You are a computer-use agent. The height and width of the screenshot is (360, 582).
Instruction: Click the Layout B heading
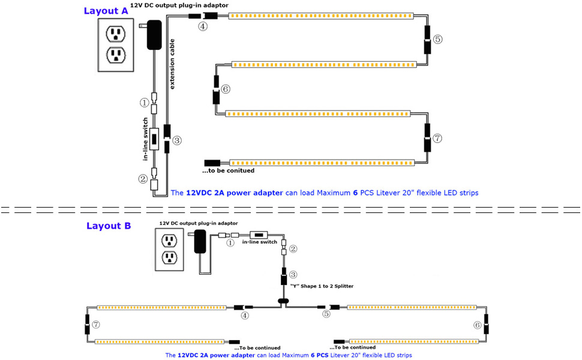pos(109,226)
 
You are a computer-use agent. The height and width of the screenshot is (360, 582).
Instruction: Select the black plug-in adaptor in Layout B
pos(200,243)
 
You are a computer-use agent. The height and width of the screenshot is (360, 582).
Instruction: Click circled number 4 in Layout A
pos(203,26)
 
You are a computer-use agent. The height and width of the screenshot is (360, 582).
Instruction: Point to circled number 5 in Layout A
pos(437,39)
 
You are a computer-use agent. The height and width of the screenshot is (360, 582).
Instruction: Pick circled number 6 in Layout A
pos(226,89)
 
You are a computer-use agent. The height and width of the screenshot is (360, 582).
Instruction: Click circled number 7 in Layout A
pos(437,138)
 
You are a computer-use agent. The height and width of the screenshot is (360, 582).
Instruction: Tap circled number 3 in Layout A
pos(177,140)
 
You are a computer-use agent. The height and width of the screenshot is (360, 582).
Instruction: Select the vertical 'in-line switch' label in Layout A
pos(146,139)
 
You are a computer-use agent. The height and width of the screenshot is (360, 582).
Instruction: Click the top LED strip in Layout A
pos(321,16)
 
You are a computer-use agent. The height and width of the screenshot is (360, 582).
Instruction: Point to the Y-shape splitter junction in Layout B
pos(283,299)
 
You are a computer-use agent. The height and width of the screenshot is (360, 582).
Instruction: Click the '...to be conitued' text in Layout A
pos(228,170)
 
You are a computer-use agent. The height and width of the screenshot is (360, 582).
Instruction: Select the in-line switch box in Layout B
pos(259,235)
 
